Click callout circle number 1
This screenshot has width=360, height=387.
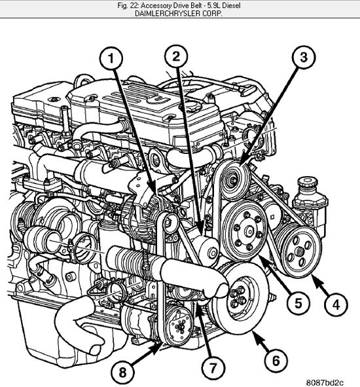[x=112, y=60]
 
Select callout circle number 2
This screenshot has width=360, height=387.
[x=175, y=56]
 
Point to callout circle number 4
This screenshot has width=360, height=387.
[x=334, y=304]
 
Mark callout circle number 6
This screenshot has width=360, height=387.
[x=276, y=360]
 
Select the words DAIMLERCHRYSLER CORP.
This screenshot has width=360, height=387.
[x=180, y=13]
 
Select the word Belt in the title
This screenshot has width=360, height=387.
[x=189, y=5]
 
